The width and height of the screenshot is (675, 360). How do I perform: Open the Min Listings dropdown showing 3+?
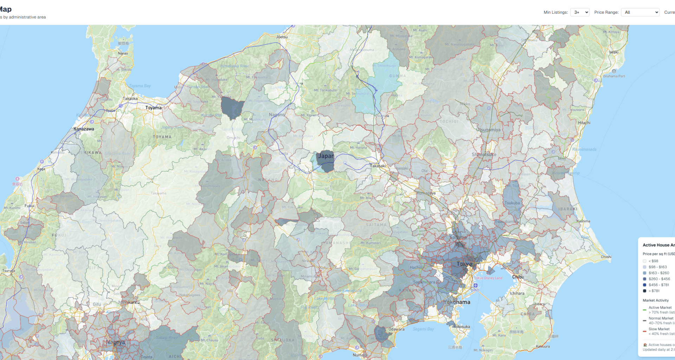point(579,12)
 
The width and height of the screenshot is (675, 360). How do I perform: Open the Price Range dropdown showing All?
point(640,12)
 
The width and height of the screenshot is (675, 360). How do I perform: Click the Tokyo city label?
point(464,264)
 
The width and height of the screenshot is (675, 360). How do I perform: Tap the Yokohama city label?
point(457,302)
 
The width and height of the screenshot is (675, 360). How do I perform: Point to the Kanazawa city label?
point(84,129)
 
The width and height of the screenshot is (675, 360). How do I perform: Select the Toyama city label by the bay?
point(153,108)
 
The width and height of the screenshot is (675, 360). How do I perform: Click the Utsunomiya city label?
point(488,130)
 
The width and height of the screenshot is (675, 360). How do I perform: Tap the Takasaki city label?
point(378,166)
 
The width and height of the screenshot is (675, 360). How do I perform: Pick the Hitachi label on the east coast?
point(584,123)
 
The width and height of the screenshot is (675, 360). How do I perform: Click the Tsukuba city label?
point(512,203)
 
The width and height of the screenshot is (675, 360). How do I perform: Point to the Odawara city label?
point(396,329)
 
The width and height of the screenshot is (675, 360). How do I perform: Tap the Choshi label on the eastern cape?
point(606,257)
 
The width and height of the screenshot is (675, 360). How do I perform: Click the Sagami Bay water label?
point(423,329)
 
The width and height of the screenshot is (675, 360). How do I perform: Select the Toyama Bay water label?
point(140,86)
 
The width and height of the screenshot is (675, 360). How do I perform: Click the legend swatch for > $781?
point(644,291)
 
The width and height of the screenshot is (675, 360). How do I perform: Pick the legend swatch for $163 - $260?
point(644,273)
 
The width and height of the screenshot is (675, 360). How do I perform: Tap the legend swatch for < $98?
point(644,261)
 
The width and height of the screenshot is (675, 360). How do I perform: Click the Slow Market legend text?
point(659,329)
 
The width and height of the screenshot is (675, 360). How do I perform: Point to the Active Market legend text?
point(660,308)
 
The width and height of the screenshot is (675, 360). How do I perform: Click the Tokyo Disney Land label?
point(488,278)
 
